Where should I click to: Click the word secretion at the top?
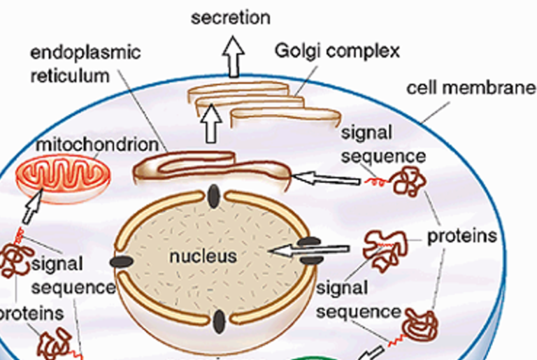coord(231,17)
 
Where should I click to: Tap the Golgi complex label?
coord(337,52)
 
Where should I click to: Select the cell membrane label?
coord(471,88)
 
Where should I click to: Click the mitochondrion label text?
coord(98,145)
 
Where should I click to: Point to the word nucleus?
coord(203,257)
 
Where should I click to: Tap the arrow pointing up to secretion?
coord(234,56)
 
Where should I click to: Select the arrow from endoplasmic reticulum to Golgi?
coord(211,124)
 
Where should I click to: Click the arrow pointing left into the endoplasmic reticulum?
coord(326,178)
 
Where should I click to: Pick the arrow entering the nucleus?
coord(309,250)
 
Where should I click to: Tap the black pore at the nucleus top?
coord(214,196)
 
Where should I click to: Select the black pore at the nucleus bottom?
coord(219,322)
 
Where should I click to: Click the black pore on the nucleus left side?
coord(122,262)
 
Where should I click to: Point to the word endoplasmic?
coord(85,53)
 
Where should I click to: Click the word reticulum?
coord(70,75)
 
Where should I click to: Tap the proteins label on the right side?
coord(462,236)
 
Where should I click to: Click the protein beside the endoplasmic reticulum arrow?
coord(409,181)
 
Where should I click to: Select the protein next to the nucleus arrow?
coord(385,250)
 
